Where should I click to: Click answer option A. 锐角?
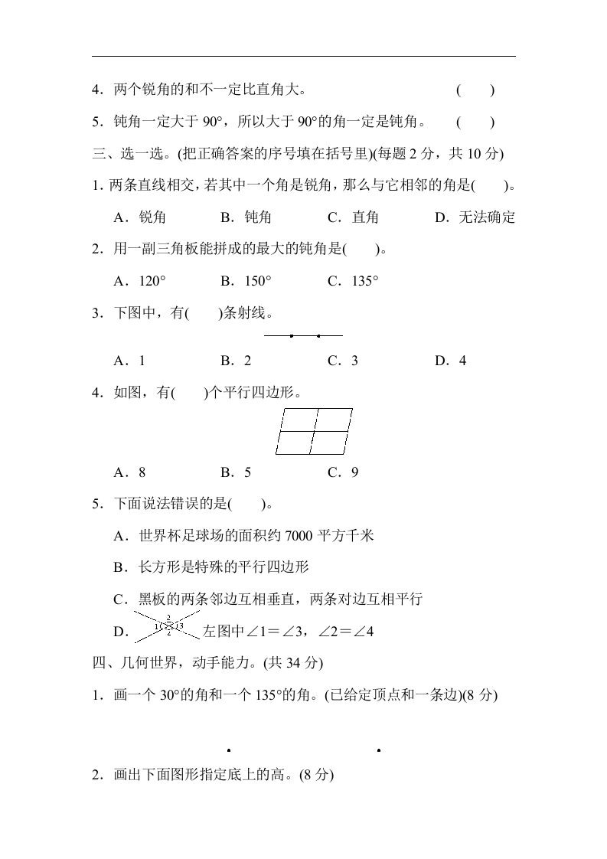coord(139,217)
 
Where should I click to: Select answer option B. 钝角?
coord(246,217)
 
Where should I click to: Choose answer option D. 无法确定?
coord(475,217)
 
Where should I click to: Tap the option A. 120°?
coord(139,281)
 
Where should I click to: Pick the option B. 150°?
coord(246,281)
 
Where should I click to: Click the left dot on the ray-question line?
coord(292,335)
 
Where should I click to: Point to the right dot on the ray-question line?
coord(318,335)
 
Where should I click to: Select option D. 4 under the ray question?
coord(451,361)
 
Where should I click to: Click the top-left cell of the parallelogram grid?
coord(299,420)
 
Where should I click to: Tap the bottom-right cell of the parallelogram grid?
coord(329,443)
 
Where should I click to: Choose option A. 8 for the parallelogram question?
coord(129,472)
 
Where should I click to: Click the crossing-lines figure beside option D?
coord(168,626)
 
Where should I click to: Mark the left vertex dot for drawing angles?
coord(229,751)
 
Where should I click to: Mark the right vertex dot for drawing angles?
coord(379,751)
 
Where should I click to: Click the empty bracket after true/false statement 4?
coord(475,90)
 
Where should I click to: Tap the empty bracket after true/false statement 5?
coord(475,122)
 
